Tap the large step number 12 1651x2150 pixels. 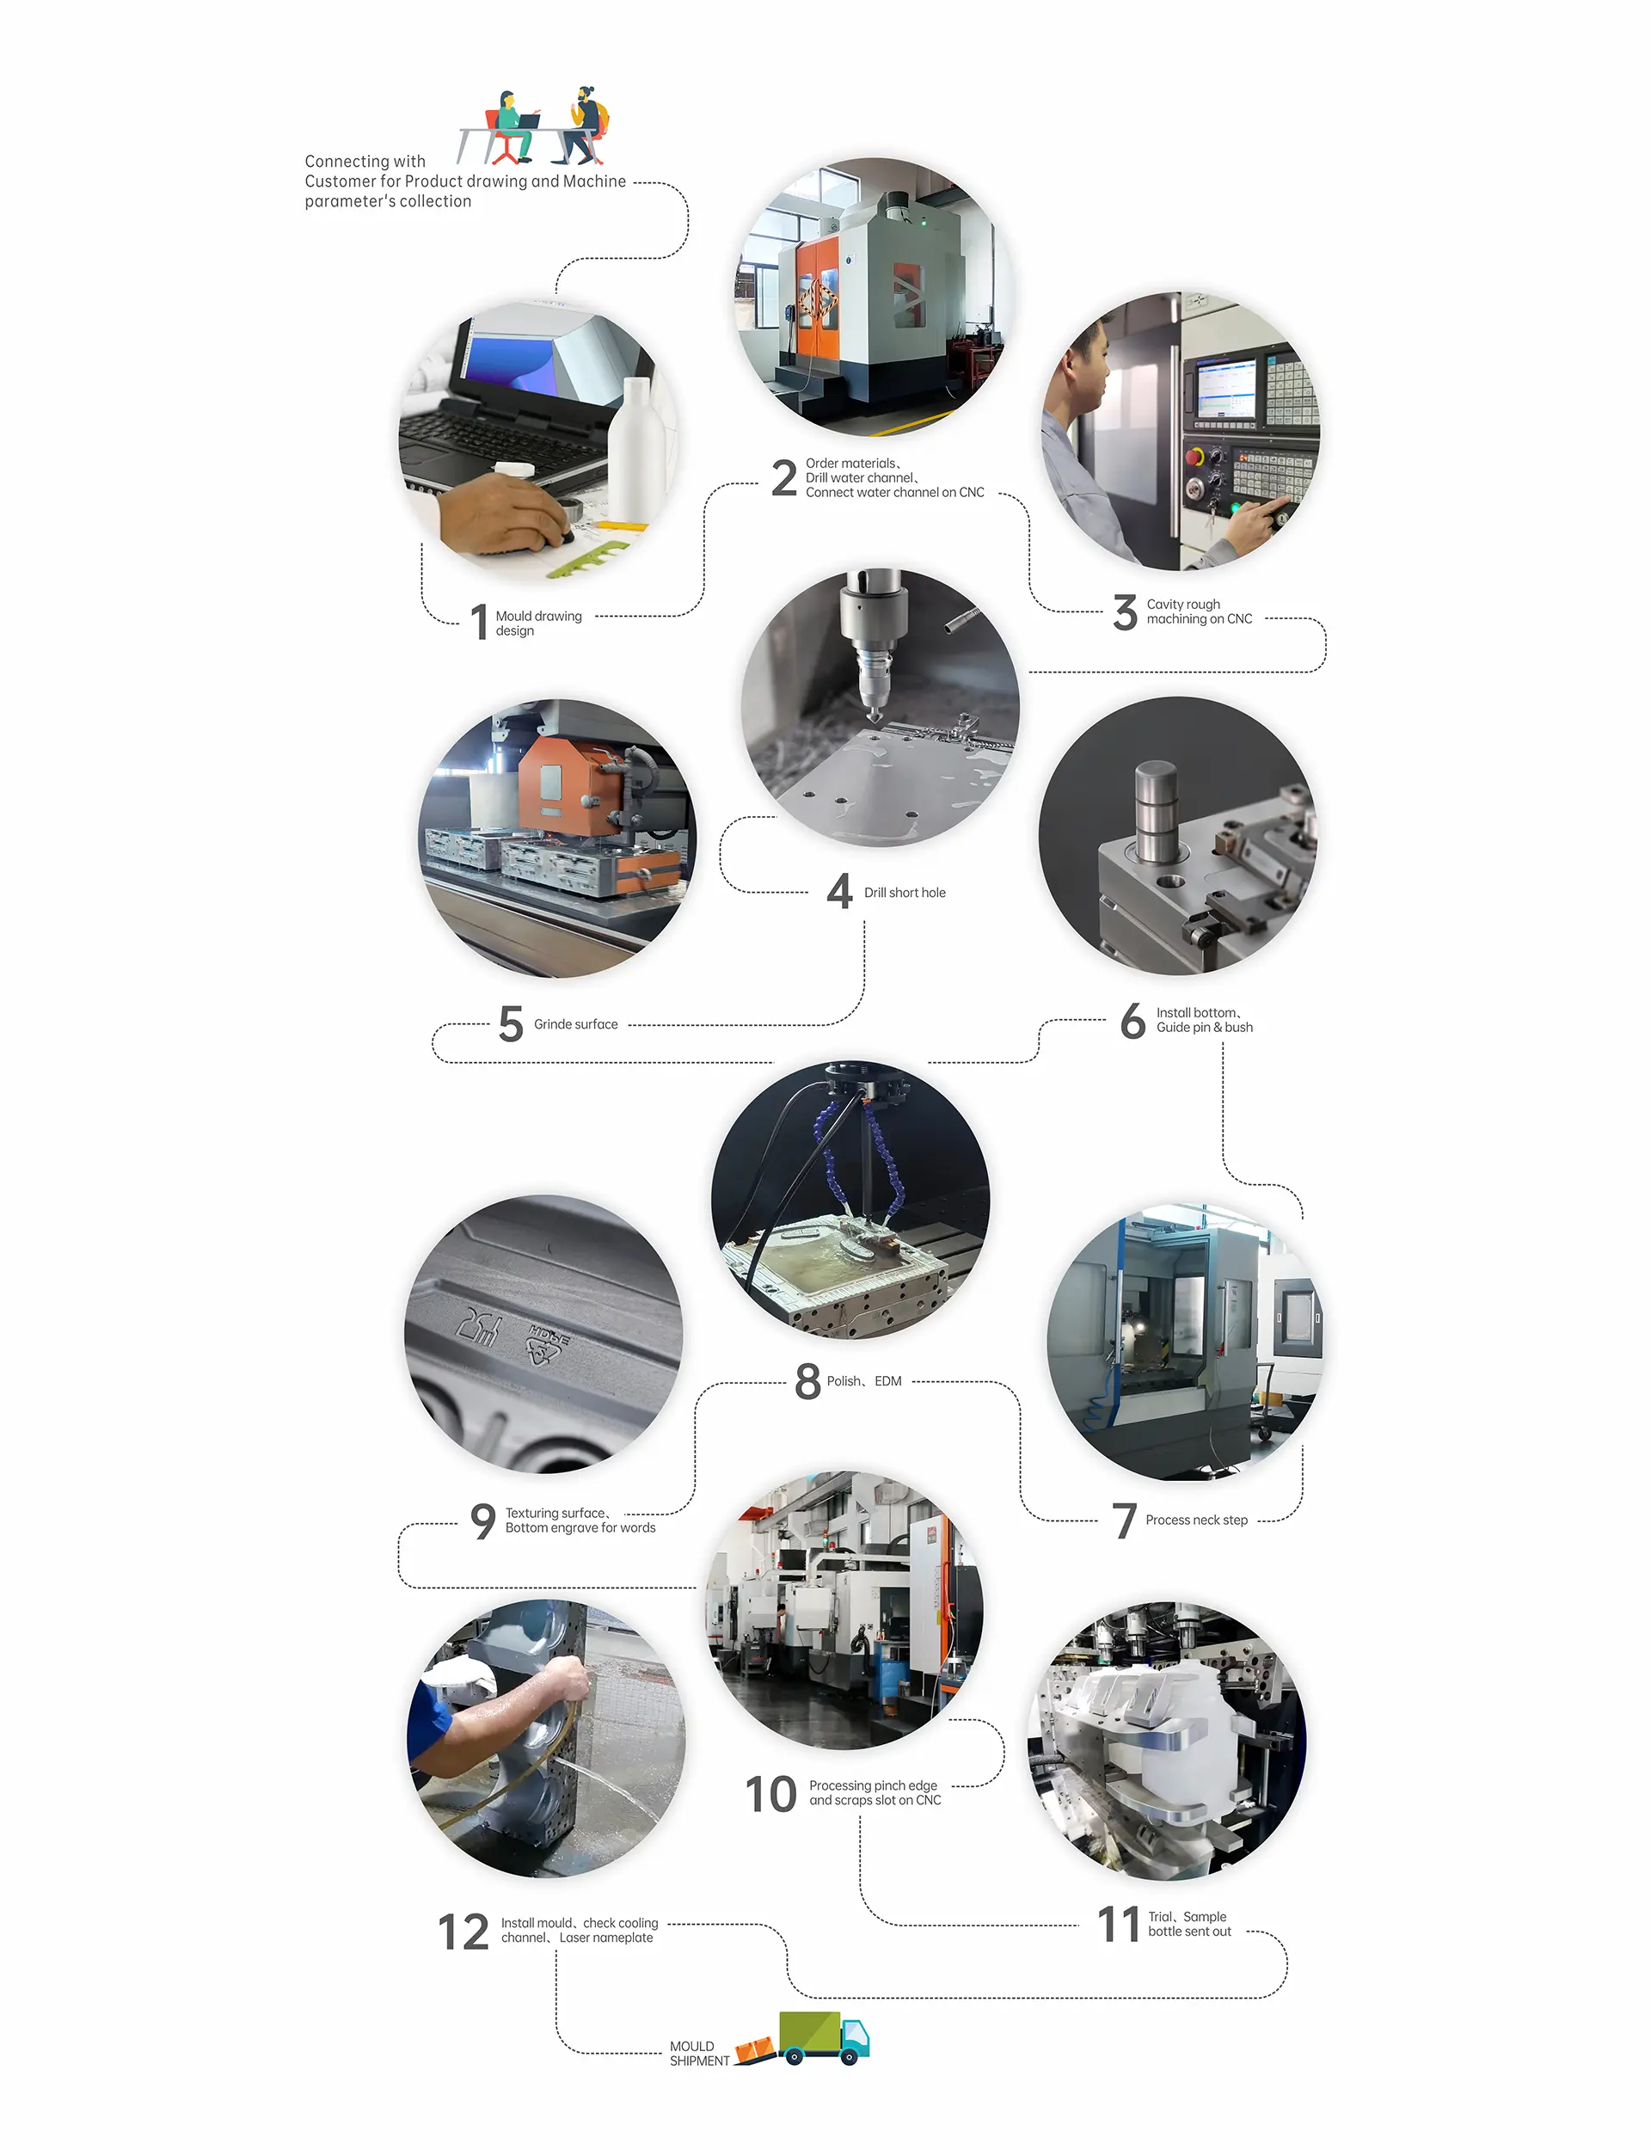[463, 1932]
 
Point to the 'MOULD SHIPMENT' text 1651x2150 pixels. [700, 2053]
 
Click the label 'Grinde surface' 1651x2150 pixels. [576, 1024]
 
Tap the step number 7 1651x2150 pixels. [1124, 1520]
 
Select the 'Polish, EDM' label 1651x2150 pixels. [864, 1380]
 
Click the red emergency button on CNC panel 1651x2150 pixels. [1195, 457]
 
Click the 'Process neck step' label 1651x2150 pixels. [1196, 1520]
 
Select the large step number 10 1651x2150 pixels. [770, 1793]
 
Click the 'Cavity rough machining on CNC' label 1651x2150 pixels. [1199, 611]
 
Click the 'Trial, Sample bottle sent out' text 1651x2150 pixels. [1189, 1924]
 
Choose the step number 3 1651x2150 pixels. [1126, 612]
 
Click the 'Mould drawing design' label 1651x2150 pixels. [538, 623]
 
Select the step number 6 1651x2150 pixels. [1133, 1021]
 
